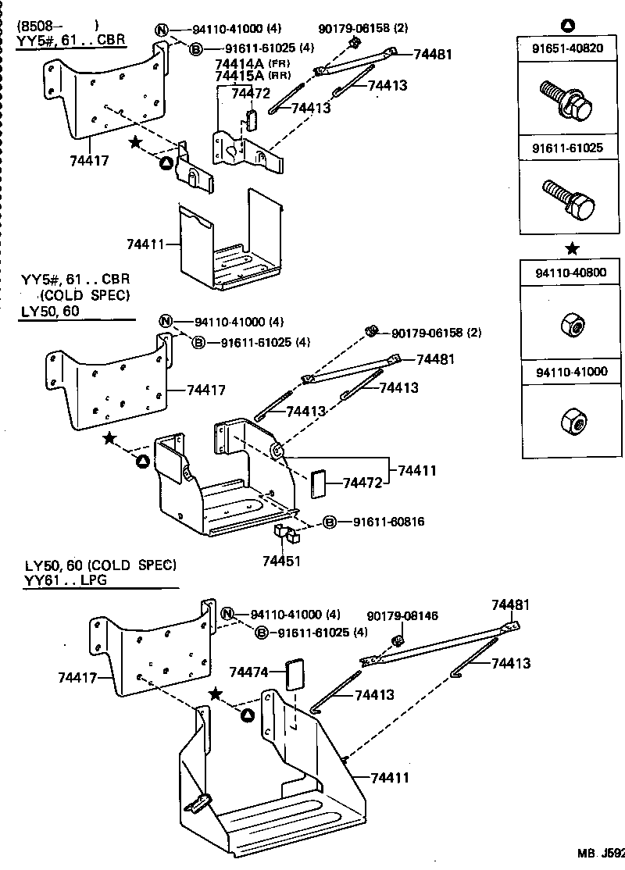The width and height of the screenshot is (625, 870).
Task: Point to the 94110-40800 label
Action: click(x=571, y=273)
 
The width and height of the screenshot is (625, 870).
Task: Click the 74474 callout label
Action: click(x=248, y=672)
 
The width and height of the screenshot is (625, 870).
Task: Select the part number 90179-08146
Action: click(x=402, y=616)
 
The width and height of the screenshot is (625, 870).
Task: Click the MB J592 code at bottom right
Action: click(x=601, y=854)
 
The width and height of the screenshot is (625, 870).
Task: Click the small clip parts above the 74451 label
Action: click(x=286, y=535)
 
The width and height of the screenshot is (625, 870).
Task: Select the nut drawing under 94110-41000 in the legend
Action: click(x=572, y=423)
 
